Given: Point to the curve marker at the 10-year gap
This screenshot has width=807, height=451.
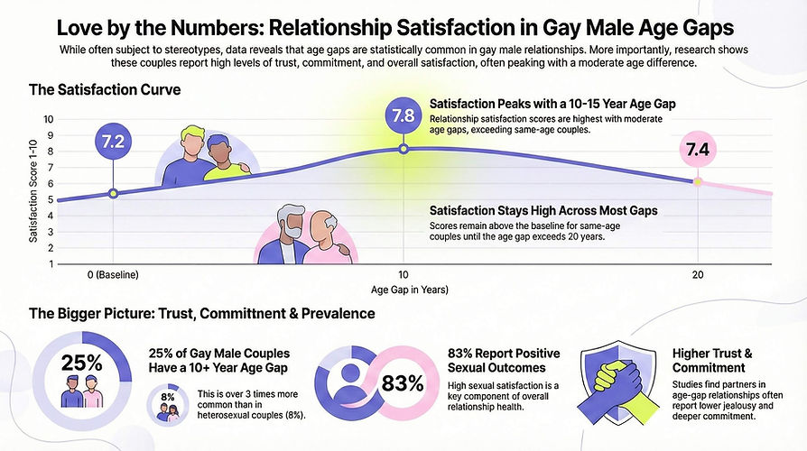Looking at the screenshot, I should tap(403, 148).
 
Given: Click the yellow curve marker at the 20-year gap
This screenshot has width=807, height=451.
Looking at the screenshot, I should tap(697, 181).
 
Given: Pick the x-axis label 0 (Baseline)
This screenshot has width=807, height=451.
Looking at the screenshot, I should tap(113, 273).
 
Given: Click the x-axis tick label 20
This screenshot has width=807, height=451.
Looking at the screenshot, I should tap(697, 273).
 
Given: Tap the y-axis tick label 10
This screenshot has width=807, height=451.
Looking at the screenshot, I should tap(49, 119).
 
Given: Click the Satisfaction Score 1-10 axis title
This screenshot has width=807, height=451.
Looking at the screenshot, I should tap(33, 189).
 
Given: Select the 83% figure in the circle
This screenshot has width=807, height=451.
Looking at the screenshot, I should tap(403, 382).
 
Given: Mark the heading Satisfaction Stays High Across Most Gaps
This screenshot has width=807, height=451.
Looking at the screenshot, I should tap(543, 210).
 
